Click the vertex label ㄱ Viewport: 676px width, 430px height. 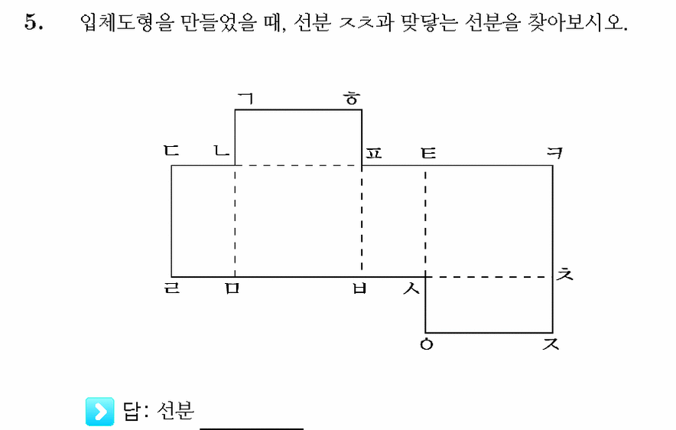[245, 99]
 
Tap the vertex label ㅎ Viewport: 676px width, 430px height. [353, 99]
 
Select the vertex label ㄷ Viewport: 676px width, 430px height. [171, 151]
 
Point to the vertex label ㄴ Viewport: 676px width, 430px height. [222, 151]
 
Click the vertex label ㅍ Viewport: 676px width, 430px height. [374, 153]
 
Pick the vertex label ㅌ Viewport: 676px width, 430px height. [428, 153]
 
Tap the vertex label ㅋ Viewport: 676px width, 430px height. [554, 153]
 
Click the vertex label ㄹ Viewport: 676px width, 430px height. [172, 288]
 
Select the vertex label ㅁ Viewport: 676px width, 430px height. [232, 288]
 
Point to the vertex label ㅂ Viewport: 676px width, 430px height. [359, 288]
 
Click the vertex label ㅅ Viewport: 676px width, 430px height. [411, 288]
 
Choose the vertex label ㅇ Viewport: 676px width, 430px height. [427, 344]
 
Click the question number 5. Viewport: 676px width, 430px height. [33, 22]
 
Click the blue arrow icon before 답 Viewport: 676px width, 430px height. [100, 411]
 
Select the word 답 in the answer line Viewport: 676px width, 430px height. [132, 411]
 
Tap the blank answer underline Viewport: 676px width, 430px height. [252, 428]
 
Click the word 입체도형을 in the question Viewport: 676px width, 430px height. [126, 21]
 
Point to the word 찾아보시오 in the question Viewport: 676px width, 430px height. [577, 22]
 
